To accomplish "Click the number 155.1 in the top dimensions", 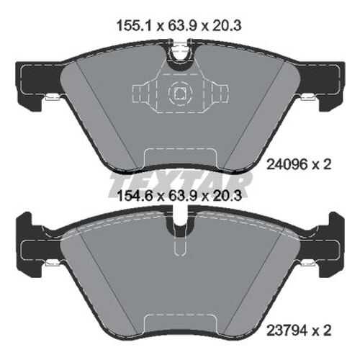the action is (135, 26).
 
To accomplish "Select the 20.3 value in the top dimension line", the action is (227, 26).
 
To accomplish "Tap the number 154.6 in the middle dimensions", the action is (135, 196).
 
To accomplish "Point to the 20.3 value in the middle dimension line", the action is (227, 196).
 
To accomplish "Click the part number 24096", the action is (287, 165).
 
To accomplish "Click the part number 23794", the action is (287, 330).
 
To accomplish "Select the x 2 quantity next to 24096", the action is (322, 165).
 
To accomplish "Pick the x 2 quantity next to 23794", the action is (322, 330).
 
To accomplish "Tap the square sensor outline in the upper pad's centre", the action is (180, 93).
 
